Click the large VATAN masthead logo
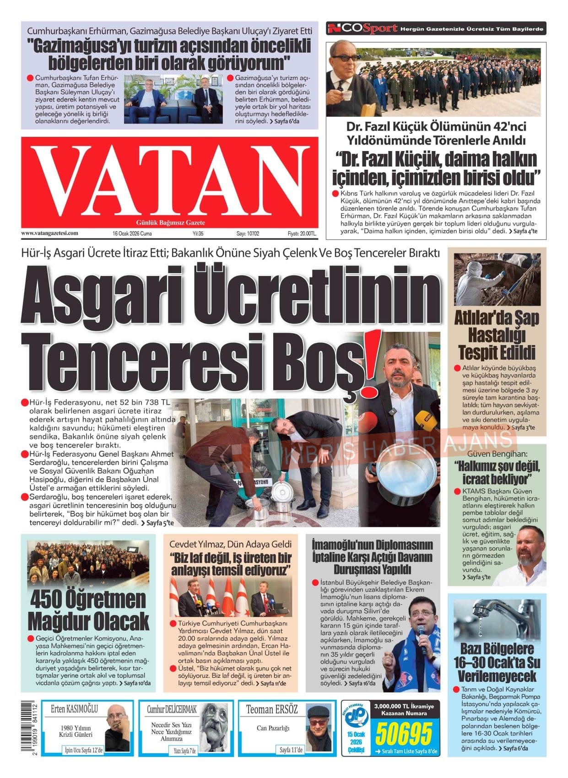coord(169,182)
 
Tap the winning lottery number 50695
coord(404,734)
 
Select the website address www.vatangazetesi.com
coord(49,233)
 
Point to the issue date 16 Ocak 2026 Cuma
coord(132,233)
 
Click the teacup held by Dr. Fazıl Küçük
coord(344,95)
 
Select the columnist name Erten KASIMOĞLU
coord(74,709)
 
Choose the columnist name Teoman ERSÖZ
coord(272,709)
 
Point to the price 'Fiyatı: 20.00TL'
coord(302,233)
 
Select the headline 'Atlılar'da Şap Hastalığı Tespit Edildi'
coord(497,335)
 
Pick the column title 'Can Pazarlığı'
coord(273,728)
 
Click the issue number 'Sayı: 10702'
coord(248,233)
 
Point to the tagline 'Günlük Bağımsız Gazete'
coord(171,222)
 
